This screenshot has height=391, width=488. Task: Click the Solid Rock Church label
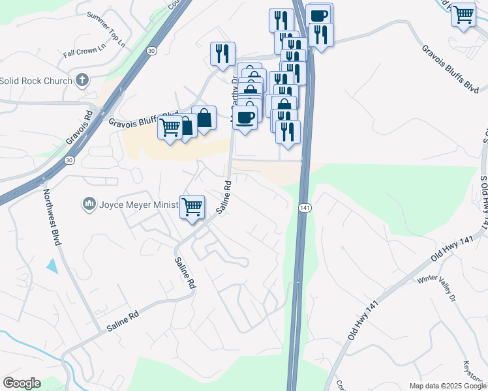click(36, 81)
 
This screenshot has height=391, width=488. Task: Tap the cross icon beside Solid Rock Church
click(82, 81)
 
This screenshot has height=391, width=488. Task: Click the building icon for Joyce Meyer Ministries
click(89, 205)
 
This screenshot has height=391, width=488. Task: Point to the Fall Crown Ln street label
click(84, 51)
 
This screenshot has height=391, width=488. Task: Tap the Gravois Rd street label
click(79, 127)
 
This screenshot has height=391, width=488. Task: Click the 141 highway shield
click(305, 207)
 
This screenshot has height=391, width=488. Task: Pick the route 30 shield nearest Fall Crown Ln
click(151, 50)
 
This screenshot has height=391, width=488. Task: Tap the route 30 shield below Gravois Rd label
click(69, 160)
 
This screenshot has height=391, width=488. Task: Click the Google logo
click(22, 383)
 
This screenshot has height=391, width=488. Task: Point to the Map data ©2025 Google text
click(447, 386)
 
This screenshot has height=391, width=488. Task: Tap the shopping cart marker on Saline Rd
click(192, 207)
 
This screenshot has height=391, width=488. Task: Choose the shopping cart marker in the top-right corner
click(463, 14)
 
